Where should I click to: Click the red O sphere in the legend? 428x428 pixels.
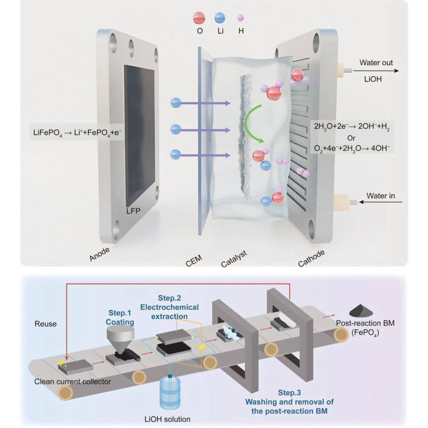tap(200, 16)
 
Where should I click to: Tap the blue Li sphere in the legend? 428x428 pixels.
tap(220, 17)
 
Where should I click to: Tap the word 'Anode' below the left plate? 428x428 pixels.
tap(100, 254)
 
